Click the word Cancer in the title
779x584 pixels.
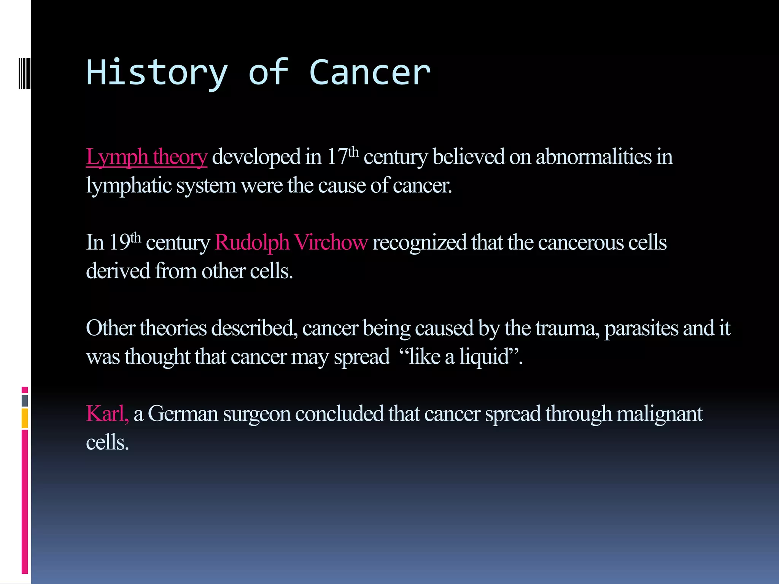(x=370, y=73)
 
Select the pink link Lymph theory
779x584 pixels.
(x=146, y=157)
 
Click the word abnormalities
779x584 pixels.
(x=593, y=157)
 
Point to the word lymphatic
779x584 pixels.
(x=129, y=186)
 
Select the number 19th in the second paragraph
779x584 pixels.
(x=125, y=242)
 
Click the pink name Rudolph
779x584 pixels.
(x=252, y=243)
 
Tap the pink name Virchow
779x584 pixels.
(x=331, y=243)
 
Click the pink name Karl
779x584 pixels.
(x=107, y=414)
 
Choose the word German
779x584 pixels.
(x=183, y=414)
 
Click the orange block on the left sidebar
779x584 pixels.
(x=25, y=418)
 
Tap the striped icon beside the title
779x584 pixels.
(x=24, y=73)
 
